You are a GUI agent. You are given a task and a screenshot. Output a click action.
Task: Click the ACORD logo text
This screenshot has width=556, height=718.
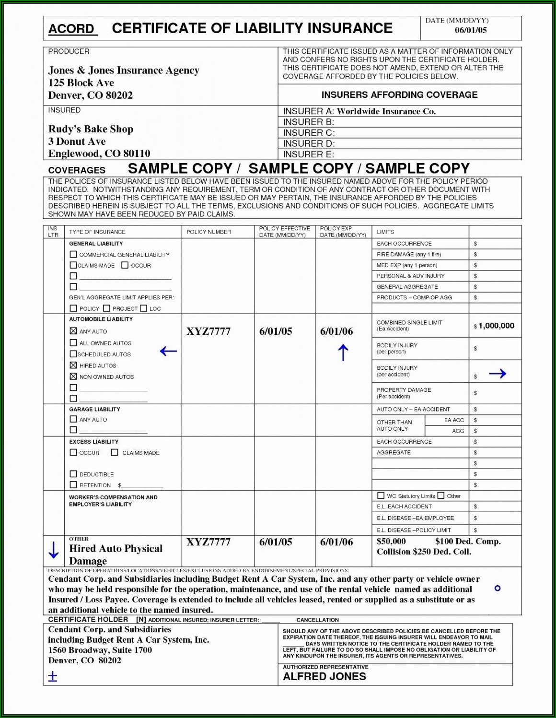pyautogui.click(x=71, y=29)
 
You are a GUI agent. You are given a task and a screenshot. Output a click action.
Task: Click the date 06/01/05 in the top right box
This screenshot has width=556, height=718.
pyautogui.click(x=470, y=30)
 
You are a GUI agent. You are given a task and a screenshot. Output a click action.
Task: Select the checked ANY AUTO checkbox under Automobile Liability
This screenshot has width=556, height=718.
pyautogui.click(x=73, y=331)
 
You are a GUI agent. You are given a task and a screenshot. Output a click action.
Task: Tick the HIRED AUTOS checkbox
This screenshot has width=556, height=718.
pyautogui.click(x=73, y=365)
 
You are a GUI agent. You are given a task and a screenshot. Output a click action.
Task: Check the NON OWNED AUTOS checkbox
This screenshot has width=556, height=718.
pyautogui.click(x=73, y=377)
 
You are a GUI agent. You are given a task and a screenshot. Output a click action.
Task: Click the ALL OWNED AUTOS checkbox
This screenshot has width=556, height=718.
pyautogui.click(x=73, y=342)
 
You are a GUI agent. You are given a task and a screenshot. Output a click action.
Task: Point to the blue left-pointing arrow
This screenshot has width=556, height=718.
pyautogui.click(x=168, y=351)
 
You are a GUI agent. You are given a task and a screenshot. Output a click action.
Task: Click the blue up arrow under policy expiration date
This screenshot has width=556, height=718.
pyautogui.click(x=343, y=353)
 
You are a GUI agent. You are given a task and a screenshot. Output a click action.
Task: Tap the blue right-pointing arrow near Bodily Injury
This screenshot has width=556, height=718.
pyautogui.click(x=498, y=374)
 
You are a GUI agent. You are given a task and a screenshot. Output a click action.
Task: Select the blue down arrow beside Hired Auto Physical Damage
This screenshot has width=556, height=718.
pyautogui.click(x=54, y=550)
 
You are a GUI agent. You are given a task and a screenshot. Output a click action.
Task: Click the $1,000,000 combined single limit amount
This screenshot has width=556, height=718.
pyautogui.click(x=496, y=326)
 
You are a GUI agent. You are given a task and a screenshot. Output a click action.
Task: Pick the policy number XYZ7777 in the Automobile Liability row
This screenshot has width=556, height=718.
pyautogui.click(x=208, y=331)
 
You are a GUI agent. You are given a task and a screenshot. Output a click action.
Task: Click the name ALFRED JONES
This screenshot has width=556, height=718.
pyautogui.click(x=324, y=676)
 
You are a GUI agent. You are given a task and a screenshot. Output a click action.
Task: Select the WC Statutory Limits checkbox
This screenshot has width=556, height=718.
pyautogui.click(x=381, y=495)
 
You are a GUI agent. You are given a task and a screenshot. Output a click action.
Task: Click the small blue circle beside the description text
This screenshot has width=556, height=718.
pyautogui.click(x=498, y=588)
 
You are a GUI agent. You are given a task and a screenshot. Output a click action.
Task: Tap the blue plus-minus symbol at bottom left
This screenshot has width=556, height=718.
pyautogui.click(x=53, y=677)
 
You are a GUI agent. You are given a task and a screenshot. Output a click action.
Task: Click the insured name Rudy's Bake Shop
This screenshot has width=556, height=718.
pyautogui.click(x=91, y=129)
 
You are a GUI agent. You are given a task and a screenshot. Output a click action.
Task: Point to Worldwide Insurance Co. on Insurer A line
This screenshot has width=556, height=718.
pyautogui.click(x=386, y=111)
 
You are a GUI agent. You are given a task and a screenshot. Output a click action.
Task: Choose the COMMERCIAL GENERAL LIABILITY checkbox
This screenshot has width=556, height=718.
pyautogui.click(x=73, y=254)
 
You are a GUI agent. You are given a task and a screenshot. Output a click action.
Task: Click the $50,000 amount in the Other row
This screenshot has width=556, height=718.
pyautogui.click(x=391, y=541)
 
